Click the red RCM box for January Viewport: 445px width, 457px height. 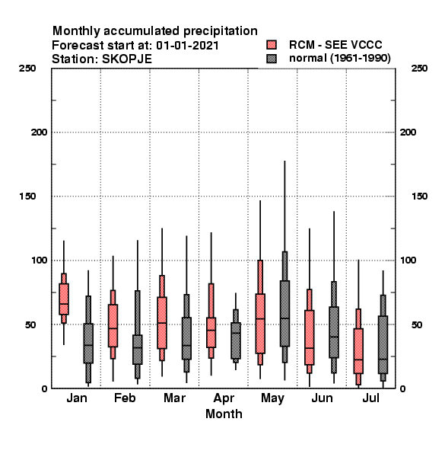64,299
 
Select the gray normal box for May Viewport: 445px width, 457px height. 284,307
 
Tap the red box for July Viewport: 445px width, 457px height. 358,347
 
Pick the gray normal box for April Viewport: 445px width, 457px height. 236,336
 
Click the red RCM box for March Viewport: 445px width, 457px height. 162,318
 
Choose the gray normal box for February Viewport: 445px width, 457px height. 138,334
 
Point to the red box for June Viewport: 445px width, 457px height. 310,331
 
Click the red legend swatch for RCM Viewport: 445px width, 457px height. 272,45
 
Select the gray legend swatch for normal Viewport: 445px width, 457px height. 272,59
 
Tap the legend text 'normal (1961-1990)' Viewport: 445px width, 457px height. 339,59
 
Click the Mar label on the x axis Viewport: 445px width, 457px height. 174,398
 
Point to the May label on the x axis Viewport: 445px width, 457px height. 272,398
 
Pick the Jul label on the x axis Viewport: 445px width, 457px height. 370,398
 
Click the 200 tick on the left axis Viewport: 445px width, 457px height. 39,133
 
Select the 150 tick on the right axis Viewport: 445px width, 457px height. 420,197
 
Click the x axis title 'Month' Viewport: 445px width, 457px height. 224,414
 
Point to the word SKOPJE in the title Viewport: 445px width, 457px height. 127,59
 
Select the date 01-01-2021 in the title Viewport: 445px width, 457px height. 187,46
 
